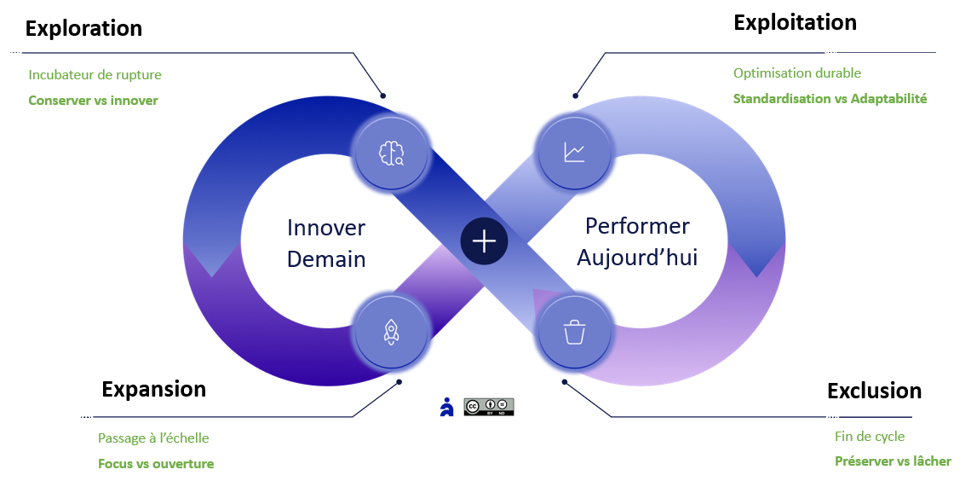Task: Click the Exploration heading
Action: pyautogui.click(x=83, y=28)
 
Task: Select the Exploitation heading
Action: pyautogui.click(x=795, y=22)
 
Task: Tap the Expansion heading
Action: pyautogui.click(x=153, y=389)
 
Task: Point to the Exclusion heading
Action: pyautogui.click(x=874, y=391)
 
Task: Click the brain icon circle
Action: pyautogui.click(x=391, y=154)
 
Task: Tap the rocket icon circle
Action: pyautogui.click(x=391, y=332)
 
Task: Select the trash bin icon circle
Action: pyautogui.click(x=574, y=332)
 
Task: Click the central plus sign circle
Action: pyautogui.click(x=484, y=241)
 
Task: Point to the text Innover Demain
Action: pyautogui.click(x=326, y=243)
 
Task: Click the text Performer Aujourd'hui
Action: pyautogui.click(x=637, y=241)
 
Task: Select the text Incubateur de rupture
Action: pyautogui.click(x=95, y=75)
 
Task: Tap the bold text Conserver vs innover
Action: pyautogui.click(x=93, y=101)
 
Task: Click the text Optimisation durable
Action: pyautogui.click(x=796, y=73)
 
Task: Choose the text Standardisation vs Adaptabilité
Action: pyautogui.click(x=830, y=99)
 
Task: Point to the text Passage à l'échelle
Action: pyautogui.click(x=153, y=438)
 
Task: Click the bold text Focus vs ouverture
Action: pyautogui.click(x=156, y=464)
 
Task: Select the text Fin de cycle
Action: pyautogui.click(x=869, y=437)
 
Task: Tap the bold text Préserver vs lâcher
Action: pyautogui.click(x=892, y=461)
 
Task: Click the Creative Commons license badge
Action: pyautogui.click(x=489, y=407)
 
